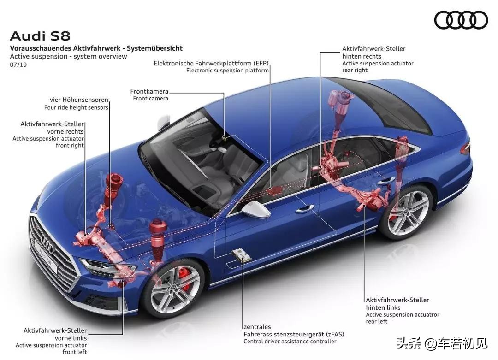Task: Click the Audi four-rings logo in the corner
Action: [x=461, y=20]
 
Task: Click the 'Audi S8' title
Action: [x=40, y=35]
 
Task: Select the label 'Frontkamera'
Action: [x=149, y=91]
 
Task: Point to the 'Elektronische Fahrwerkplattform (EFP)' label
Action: [x=211, y=63]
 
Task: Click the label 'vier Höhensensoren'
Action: [x=79, y=100]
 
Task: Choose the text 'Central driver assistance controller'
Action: [x=290, y=342]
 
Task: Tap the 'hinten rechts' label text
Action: [x=362, y=56]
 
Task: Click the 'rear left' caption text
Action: [x=377, y=321]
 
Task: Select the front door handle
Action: [x=305, y=209]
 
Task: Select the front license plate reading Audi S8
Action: [x=47, y=257]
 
